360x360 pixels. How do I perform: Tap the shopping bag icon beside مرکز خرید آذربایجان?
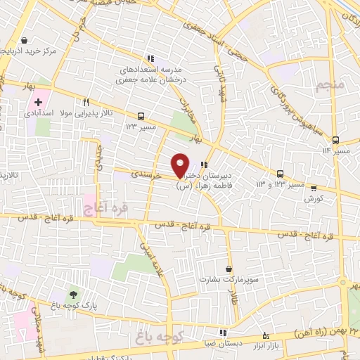(26, 40)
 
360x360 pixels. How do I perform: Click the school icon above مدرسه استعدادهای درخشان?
(150, 58)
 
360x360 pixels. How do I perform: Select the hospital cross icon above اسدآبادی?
(38, 103)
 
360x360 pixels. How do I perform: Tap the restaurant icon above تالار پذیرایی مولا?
(86, 101)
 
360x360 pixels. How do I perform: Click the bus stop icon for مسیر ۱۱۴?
(335, 140)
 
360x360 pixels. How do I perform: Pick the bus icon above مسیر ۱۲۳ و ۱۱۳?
(280, 174)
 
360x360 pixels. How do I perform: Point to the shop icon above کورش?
(314, 187)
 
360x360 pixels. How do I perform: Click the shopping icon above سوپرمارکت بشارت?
(229, 269)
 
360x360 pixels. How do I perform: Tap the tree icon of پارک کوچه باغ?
(72, 295)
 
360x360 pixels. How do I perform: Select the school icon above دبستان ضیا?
(223, 333)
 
